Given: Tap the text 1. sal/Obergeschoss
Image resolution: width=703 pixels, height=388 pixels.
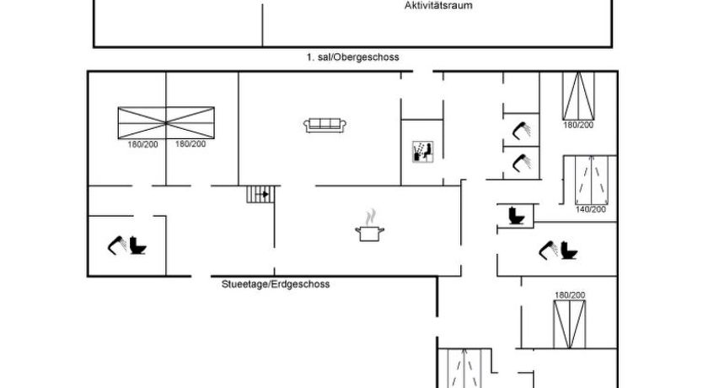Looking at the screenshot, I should [x=352, y=57].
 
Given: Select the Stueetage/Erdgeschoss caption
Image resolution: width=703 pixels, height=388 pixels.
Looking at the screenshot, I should [x=276, y=284].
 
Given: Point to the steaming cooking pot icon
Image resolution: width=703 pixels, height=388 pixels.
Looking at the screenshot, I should [x=371, y=229].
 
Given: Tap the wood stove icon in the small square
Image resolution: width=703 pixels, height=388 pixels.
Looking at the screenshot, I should [x=421, y=151].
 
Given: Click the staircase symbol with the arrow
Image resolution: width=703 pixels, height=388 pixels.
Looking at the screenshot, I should [x=262, y=194].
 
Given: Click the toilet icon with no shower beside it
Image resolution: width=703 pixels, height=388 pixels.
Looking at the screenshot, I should [x=517, y=216].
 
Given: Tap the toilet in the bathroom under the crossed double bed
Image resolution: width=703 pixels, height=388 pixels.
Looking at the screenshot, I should [x=137, y=245].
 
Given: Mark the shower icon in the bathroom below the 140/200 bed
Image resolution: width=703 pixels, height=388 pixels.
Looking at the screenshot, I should [x=548, y=250].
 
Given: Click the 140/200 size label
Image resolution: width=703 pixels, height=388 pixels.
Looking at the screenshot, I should [x=590, y=209].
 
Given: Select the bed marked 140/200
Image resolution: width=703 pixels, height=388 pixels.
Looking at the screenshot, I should [x=590, y=180].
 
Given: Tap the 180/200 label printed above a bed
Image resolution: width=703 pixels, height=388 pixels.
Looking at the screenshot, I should [x=570, y=294].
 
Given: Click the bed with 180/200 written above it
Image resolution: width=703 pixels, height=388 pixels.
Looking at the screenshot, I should [x=569, y=323].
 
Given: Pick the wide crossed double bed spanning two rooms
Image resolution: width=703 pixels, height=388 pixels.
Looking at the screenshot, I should [x=165, y=123].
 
